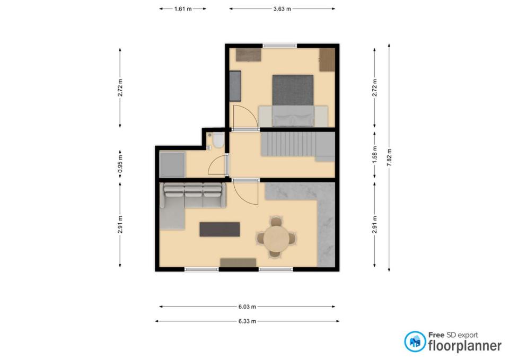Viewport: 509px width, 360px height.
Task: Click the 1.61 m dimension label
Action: [x=183, y=9]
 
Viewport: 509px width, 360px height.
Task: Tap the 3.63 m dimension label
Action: [x=282, y=9]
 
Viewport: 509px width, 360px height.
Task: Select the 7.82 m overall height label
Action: [x=390, y=157]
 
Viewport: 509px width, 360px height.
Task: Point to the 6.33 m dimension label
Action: [x=247, y=321]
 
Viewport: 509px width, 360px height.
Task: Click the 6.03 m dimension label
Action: [x=247, y=306]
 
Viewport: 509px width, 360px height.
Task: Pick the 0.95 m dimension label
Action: [x=120, y=164]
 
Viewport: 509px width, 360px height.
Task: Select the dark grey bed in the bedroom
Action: [x=293, y=90]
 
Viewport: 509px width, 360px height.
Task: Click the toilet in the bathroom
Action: [x=217, y=141]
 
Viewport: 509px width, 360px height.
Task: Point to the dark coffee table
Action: [x=220, y=229]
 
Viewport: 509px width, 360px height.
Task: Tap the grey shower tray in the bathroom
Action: [x=172, y=164]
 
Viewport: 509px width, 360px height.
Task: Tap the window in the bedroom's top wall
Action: [x=280, y=46]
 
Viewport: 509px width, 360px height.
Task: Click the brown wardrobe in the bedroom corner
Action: [x=327, y=60]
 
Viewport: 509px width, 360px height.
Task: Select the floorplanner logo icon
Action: [x=415, y=341]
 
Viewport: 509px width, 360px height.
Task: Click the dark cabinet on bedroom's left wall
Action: [x=235, y=86]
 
